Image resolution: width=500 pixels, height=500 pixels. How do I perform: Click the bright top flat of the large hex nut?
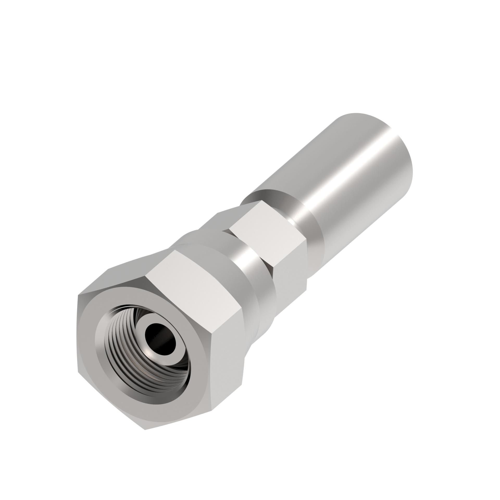click(x=193, y=271)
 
